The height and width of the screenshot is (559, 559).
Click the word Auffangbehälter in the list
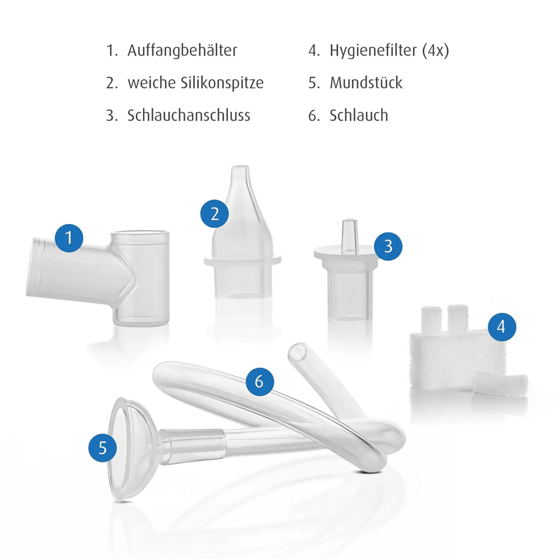tap(182, 50)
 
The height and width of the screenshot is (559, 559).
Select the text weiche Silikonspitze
tap(195, 83)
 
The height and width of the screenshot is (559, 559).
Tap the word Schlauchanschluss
tap(189, 115)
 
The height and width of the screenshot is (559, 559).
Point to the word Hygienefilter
tap(373, 51)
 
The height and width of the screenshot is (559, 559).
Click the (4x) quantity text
tap(435, 51)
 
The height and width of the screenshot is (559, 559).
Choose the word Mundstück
tap(366, 83)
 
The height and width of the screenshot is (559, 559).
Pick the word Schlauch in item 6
tap(359, 115)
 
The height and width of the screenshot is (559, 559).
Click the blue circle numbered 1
tap(69, 238)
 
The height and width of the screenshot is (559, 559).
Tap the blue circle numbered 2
tap(214, 214)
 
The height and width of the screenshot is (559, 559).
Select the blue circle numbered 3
tap(388, 246)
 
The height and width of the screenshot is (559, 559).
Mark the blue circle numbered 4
tap(502, 327)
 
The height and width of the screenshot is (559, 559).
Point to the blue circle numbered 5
tap(103, 448)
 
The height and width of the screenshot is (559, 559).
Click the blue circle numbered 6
tap(260, 381)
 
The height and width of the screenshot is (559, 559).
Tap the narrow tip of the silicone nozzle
tap(240, 171)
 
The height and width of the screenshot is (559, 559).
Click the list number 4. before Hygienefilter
tap(314, 51)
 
